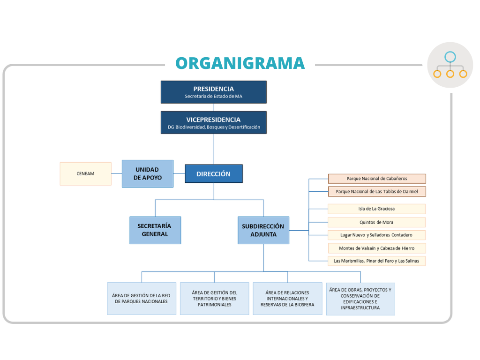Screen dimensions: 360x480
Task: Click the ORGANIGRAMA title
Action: tap(240, 63)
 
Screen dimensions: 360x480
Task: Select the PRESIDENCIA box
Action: tap(213, 92)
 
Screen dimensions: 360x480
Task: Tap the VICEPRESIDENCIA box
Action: tap(213, 122)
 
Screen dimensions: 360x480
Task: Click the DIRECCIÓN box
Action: tap(213, 173)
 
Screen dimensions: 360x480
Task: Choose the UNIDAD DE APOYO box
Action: tap(147, 173)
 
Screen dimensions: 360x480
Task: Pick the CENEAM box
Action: tap(85, 173)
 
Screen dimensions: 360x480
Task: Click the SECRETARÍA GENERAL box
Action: tap(155, 230)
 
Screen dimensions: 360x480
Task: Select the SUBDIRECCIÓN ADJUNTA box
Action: tap(263, 230)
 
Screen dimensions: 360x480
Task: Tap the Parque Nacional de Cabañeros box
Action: tap(376, 179)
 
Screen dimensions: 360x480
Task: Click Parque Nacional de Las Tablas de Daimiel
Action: tap(376, 191)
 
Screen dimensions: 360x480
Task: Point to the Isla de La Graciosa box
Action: tap(376, 209)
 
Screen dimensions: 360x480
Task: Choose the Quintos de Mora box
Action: tap(376, 222)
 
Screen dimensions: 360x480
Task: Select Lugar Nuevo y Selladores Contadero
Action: tap(376, 235)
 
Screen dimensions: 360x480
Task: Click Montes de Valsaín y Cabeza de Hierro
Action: tap(376, 248)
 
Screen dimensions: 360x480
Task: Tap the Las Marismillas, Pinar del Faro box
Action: tap(376, 261)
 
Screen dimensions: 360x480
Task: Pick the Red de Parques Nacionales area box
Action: tap(141, 299)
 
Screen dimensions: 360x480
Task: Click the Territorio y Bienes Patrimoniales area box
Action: tap(214, 299)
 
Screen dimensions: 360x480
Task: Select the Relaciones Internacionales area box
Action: tap(287, 299)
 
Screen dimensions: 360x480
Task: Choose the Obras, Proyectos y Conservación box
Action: tap(360, 299)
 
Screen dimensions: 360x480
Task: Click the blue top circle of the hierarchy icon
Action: tap(450, 57)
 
